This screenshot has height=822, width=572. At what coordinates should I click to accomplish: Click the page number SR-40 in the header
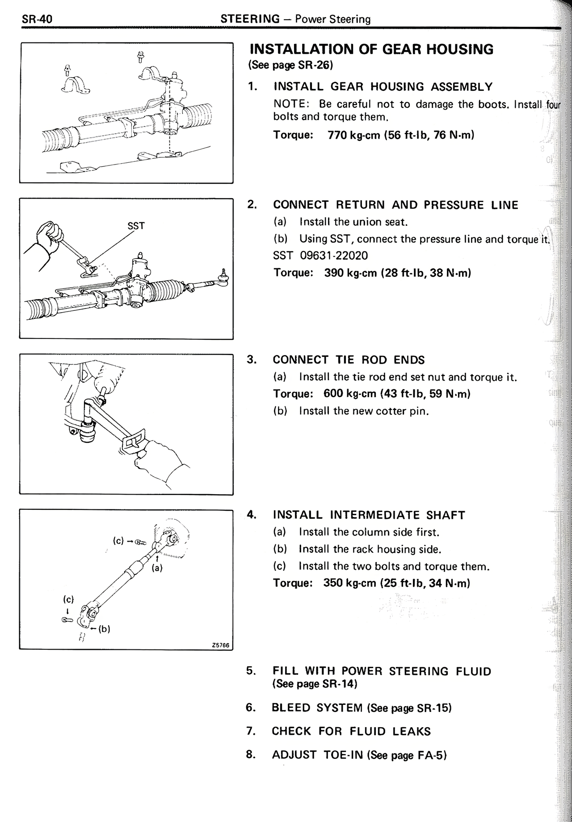pos(37,19)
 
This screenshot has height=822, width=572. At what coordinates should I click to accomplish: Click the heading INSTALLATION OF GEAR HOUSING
pos(371,49)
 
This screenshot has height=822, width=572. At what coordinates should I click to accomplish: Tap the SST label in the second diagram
pos(136,226)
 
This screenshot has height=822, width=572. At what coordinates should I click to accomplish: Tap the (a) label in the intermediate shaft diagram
pos(157,568)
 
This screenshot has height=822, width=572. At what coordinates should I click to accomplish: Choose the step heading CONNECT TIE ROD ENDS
pos(349,360)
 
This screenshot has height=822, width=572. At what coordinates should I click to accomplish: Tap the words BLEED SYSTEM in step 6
pos(317,708)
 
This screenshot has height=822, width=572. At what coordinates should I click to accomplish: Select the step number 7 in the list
pos(251,731)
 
